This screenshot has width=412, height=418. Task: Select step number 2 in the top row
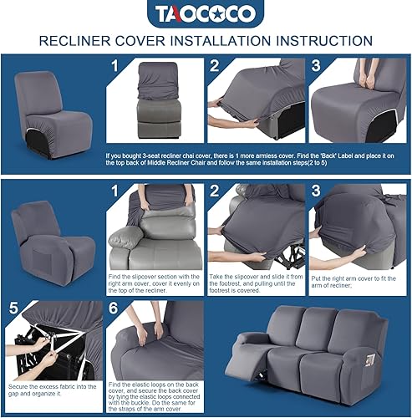(x=216, y=65)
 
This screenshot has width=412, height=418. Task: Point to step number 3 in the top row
(x=316, y=65)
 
